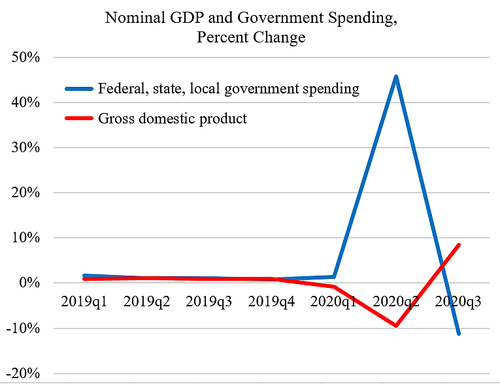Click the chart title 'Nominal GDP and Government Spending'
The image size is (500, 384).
tap(251, 18)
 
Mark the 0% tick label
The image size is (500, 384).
tap(30, 283)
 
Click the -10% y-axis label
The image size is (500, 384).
tap(24, 328)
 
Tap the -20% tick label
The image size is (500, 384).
tap(24, 373)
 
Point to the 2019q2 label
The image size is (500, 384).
tap(146, 302)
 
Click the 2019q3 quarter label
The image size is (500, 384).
tap(208, 302)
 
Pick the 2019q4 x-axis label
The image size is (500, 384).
tap(271, 302)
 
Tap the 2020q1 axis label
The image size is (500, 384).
tap(334, 302)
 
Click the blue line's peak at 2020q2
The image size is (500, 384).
tap(396, 77)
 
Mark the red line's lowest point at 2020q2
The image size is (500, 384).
tap(396, 325)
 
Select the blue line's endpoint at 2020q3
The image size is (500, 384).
tap(459, 333)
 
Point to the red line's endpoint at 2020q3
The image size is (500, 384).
tap(459, 245)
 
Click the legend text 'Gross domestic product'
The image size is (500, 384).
tap(173, 119)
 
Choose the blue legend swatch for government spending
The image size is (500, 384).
tap(78, 88)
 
